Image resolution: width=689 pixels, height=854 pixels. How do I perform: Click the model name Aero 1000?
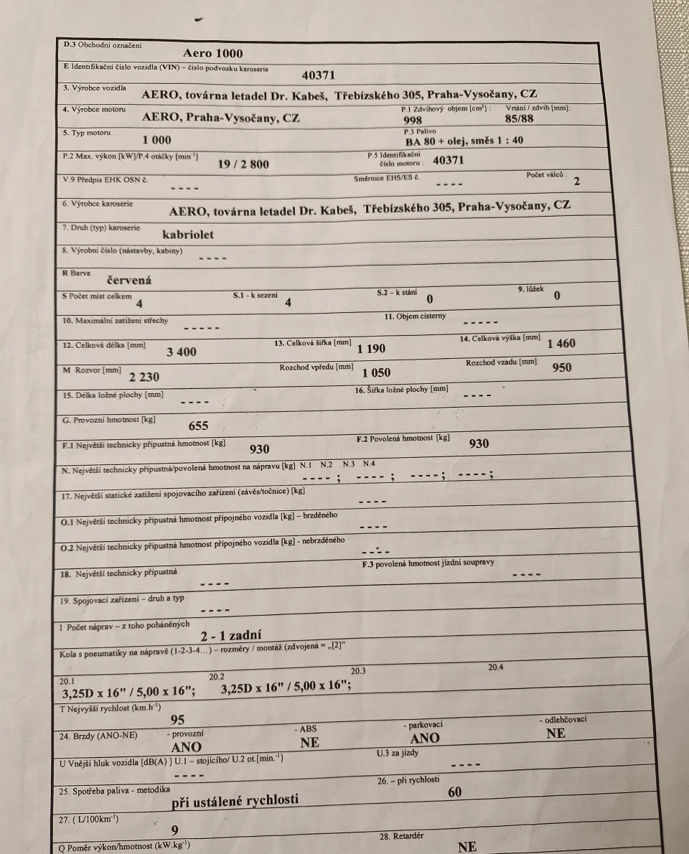pos(213,53)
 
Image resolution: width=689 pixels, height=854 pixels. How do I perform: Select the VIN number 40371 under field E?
pos(318,75)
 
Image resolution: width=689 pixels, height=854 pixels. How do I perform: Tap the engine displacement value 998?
pos(413,121)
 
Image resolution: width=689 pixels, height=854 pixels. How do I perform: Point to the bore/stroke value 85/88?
pos(520,120)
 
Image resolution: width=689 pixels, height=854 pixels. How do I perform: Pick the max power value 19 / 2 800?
pos(243,164)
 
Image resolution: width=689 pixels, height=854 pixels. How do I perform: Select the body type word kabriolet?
pos(188,234)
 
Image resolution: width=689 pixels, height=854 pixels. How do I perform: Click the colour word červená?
pos(129,281)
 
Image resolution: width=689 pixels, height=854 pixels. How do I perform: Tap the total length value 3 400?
pos(182,352)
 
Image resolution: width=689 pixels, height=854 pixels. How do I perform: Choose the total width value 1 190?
pos(371,349)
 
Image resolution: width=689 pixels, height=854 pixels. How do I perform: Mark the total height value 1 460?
pos(561,344)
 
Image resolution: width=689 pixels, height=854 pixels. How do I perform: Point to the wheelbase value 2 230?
pos(144,377)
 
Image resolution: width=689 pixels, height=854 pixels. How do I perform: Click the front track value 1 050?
pos(376,373)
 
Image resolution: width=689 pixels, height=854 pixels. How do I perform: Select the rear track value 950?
pos(563,368)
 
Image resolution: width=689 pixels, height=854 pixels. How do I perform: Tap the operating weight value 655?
pos(198,426)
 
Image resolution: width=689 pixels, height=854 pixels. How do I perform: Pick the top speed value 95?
pos(177,720)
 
